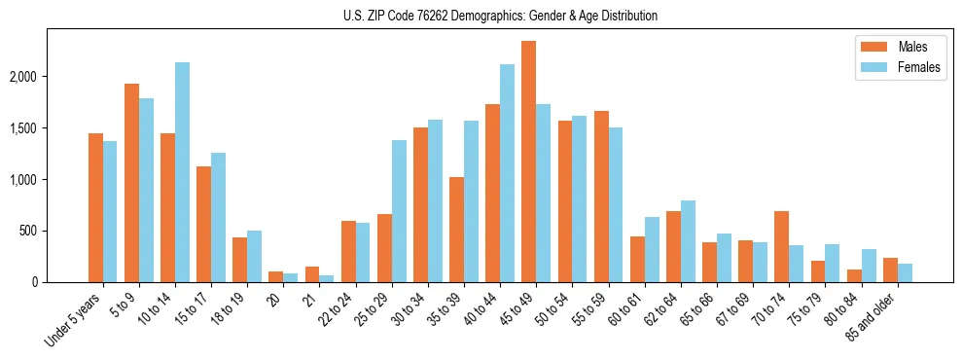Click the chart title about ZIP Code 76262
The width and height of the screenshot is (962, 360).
click(x=500, y=16)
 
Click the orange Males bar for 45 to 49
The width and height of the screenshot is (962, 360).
click(x=528, y=162)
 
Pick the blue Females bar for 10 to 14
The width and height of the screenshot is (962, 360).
click(x=182, y=172)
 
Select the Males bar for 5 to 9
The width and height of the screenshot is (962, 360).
click(x=131, y=183)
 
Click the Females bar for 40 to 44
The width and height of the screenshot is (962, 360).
click(x=507, y=173)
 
